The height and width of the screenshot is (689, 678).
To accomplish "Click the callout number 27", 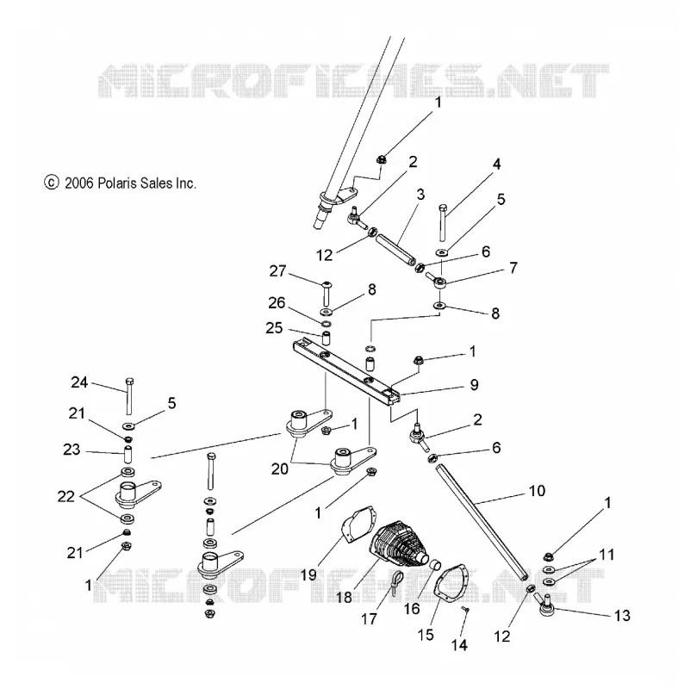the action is (x=277, y=271).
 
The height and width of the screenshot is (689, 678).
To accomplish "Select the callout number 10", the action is (x=537, y=491).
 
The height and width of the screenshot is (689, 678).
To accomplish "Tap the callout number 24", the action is (x=79, y=382).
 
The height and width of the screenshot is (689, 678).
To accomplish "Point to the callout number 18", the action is (x=344, y=597).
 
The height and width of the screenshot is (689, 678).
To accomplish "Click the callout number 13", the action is (x=622, y=616).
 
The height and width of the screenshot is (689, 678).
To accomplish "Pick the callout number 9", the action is (x=474, y=385).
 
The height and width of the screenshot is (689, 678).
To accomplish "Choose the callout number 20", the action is (x=279, y=469).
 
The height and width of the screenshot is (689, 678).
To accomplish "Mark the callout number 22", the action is (x=66, y=497).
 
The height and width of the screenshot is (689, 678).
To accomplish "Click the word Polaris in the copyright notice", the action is (x=113, y=183).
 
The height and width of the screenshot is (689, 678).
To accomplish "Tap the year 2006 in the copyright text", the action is (x=79, y=183).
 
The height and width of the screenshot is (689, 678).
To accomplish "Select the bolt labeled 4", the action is (x=443, y=222).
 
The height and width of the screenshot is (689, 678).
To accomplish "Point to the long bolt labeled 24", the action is (x=129, y=396).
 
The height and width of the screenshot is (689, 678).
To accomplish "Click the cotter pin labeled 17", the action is (x=396, y=583).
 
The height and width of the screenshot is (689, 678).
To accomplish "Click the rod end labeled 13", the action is (x=546, y=605).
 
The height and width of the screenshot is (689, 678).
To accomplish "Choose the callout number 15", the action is (x=426, y=635).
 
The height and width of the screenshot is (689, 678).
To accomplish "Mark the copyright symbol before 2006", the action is (x=52, y=183).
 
